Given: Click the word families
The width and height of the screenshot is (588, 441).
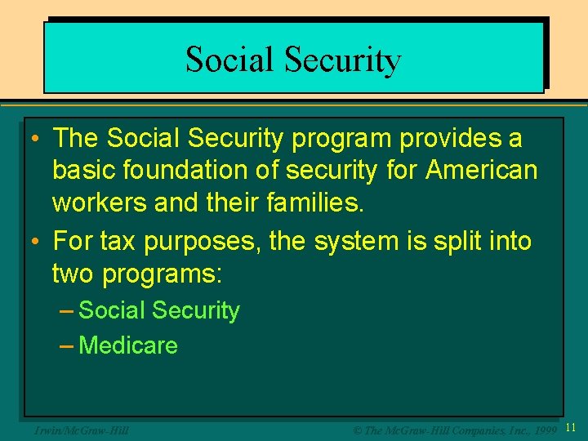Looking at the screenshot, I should click(315, 203).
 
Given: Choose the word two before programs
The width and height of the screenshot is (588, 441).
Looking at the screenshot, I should click(73, 274).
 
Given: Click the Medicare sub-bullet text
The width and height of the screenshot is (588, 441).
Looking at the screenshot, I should click(128, 345).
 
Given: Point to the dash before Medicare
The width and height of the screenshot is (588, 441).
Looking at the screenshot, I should click(68, 345).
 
